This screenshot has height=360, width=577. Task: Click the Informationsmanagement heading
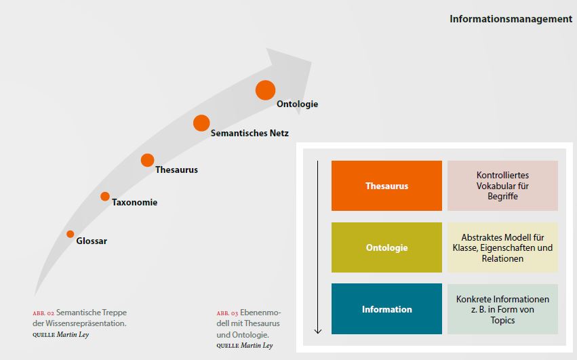[x=511, y=19]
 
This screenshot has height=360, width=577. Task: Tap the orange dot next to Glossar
[x=71, y=234]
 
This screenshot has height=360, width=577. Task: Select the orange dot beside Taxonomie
[x=105, y=196]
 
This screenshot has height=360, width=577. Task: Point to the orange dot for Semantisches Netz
[x=201, y=123]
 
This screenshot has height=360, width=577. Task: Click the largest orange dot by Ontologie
[x=265, y=90]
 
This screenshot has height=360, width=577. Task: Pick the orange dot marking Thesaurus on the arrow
[x=147, y=160]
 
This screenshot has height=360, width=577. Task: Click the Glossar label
[x=92, y=241]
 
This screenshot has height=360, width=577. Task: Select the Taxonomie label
[x=135, y=203]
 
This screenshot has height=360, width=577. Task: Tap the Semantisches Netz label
[x=250, y=134]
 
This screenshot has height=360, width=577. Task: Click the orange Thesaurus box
[x=386, y=186]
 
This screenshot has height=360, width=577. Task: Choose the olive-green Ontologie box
[x=386, y=247]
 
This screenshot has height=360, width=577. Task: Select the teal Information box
[x=386, y=309]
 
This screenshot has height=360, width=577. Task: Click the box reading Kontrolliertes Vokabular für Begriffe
[x=502, y=186]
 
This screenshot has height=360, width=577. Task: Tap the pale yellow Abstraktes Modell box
[x=502, y=247]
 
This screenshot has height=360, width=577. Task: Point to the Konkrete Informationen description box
[x=502, y=309]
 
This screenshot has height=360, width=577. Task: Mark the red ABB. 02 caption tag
[x=43, y=313]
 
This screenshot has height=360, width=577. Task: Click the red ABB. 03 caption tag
[x=227, y=313]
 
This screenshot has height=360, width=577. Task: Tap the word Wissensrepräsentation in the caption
[x=86, y=323]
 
